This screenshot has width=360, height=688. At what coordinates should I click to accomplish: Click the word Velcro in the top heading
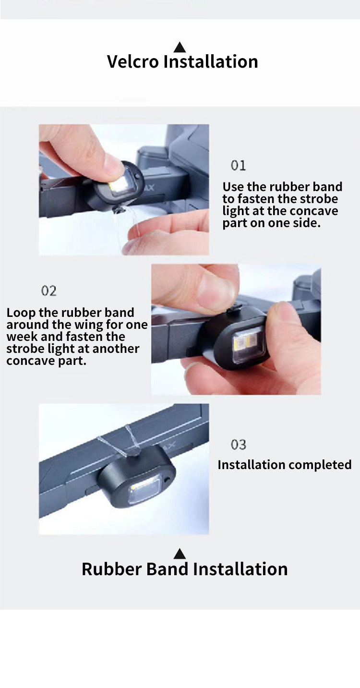132,61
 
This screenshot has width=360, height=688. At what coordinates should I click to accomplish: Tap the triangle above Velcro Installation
180,48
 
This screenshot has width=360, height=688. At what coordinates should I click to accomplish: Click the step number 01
239,165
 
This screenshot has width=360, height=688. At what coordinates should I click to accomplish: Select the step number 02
49,290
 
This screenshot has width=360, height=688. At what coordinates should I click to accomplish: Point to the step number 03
239,445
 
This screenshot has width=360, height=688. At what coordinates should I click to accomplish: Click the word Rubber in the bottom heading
111,569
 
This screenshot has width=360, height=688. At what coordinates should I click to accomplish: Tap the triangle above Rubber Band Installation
180,554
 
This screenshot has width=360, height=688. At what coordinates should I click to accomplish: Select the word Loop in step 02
21,313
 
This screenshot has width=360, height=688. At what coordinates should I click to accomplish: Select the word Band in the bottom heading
167,569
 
